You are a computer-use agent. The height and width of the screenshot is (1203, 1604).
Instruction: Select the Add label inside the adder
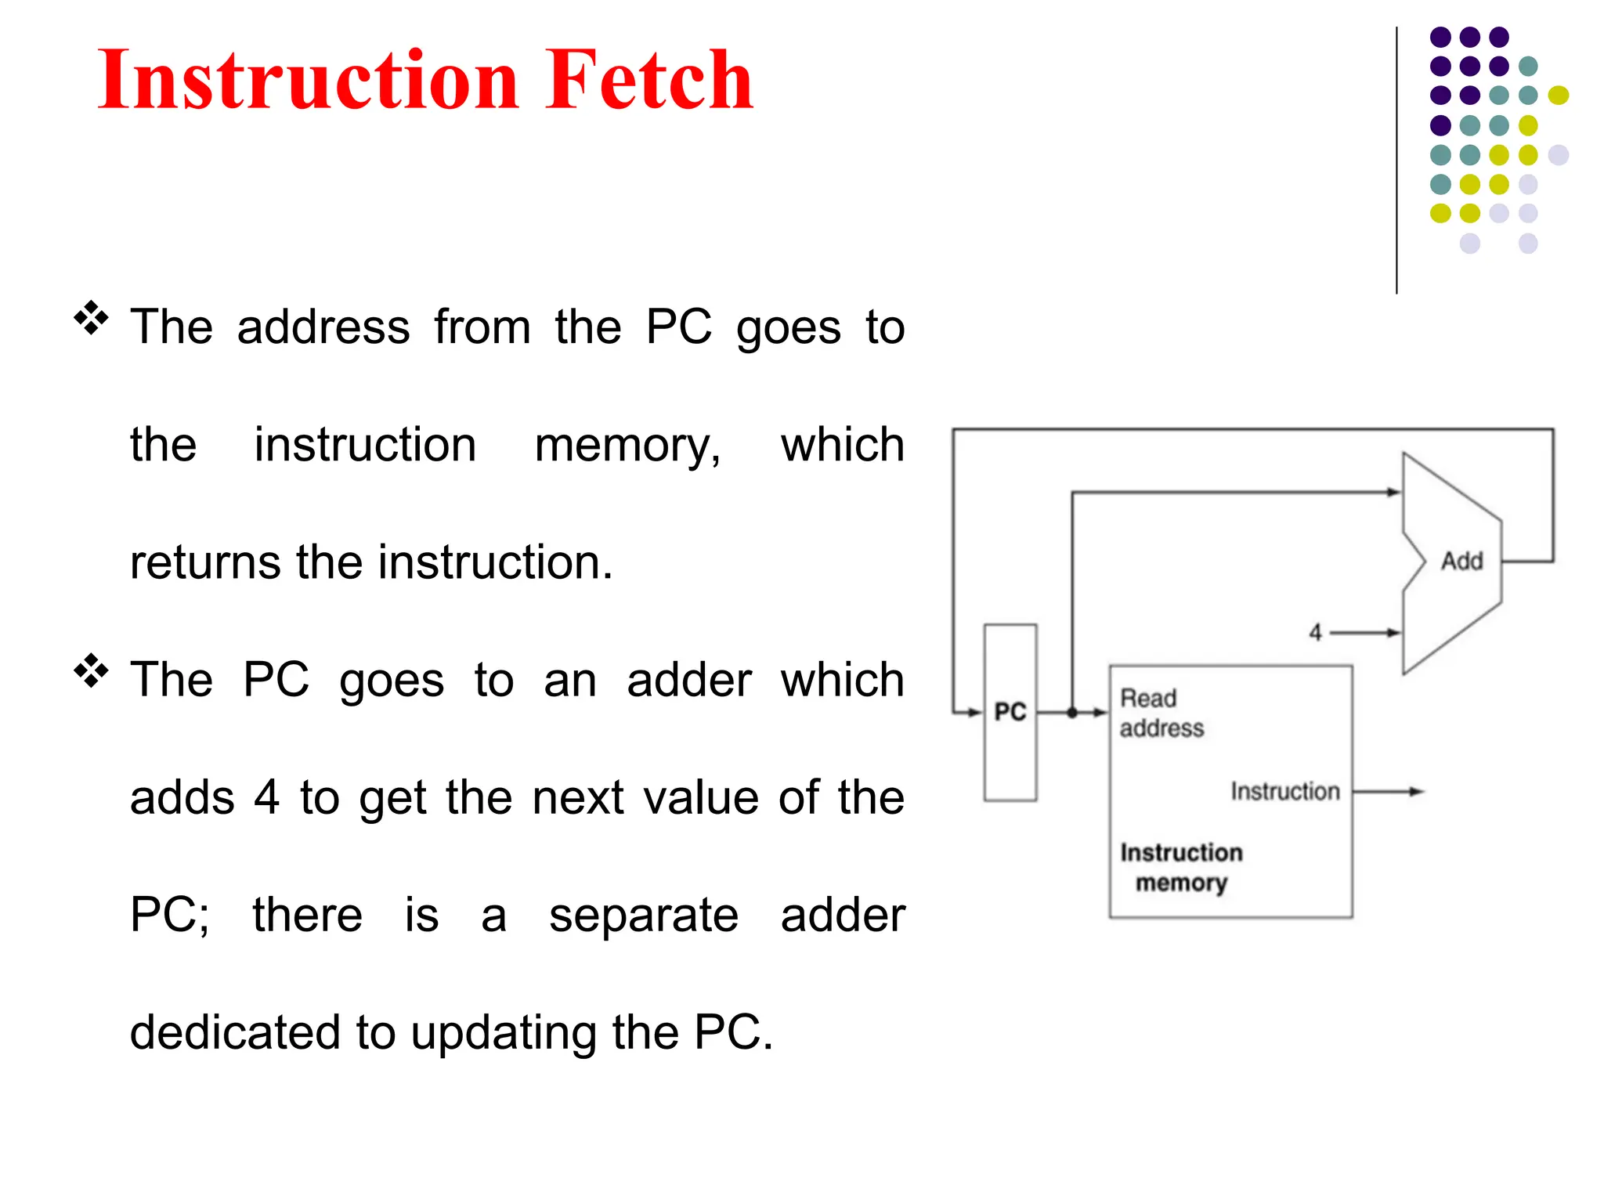pos(1461,561)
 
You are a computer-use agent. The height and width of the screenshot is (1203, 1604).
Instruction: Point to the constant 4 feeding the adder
pos(1316,632)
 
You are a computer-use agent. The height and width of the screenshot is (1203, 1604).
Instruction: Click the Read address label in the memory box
pos(1161,713)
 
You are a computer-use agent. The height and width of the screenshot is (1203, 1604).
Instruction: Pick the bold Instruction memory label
pos(1181,867)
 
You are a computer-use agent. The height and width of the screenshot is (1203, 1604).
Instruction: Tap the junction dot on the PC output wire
pos(1072,712)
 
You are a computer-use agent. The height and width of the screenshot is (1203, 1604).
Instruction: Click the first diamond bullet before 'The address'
pos(92,318)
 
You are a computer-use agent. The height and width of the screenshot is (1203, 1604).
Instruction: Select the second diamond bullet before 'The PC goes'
pos(92,670)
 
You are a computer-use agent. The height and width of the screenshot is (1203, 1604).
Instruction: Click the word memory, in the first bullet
pos(627,445)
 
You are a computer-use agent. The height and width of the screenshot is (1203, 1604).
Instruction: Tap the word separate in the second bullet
pos(643,915)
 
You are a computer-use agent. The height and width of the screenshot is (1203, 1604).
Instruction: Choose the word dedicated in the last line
pos(235,1032)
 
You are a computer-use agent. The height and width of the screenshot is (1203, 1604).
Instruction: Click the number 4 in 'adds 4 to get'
pos(266,797)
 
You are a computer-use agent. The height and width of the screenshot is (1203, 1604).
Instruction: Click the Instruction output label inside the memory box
pos(1284,792)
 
